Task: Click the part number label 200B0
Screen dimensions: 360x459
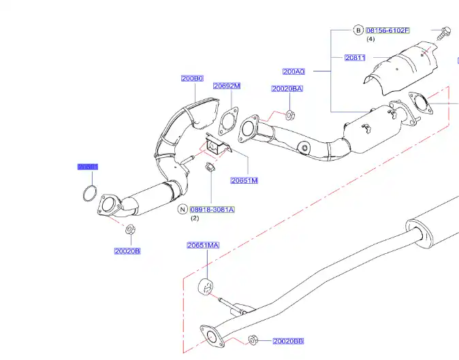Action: [192, 78]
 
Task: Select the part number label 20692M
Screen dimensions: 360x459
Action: [226, 86]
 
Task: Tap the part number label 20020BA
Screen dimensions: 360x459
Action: [287, 88]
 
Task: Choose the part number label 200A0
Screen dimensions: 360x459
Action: [294, 71]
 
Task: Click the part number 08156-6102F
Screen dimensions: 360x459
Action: [387, 31]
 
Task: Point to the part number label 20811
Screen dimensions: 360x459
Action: [355, 58]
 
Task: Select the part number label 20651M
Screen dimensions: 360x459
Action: [244, 180]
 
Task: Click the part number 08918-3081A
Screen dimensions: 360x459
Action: [212, 210]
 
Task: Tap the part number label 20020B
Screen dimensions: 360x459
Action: [127, 250]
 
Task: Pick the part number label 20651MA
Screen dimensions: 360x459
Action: [203, 245]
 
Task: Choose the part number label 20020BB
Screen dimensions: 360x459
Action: [288, 340]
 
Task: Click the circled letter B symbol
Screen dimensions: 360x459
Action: [358, 31]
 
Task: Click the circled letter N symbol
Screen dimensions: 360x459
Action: [183, 210]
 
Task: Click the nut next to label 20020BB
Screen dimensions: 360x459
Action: [253, 340]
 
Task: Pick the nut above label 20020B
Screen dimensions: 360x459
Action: [129, 230]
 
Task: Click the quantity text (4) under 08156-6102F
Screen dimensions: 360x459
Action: [371, 39]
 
